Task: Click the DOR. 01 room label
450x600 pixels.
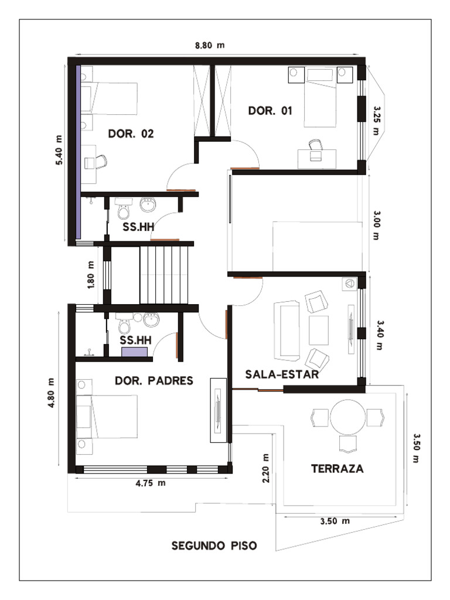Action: click(x=270, y=111)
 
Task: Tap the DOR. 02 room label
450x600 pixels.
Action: click(x=131, y=134)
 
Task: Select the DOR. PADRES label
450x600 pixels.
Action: click(x=154, y=381)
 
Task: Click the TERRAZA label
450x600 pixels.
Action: click(x=337, y=469)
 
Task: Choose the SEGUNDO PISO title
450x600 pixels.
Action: click(x=214, y=546)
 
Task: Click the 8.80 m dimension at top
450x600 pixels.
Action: click(x=210, y=45)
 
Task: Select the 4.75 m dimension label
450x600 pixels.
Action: click(x=151, y=483)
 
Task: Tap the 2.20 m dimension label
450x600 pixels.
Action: click(x=266, y=468)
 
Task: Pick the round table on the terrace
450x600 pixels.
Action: click(x=347, y=416)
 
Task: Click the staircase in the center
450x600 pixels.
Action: click(x=165, y=274)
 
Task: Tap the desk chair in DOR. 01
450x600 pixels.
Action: click(x=316, y=144)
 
